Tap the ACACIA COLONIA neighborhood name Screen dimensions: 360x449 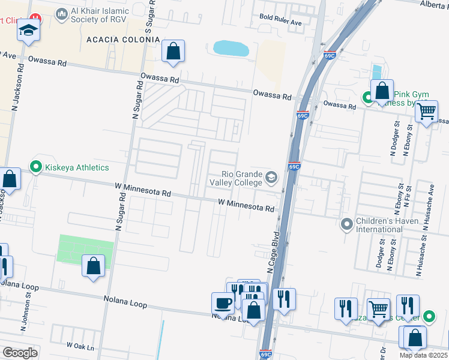click(x=123, y=40)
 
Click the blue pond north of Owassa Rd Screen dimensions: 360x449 click(x=231, y=49)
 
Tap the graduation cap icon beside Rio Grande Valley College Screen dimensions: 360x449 click(x=272, y=177)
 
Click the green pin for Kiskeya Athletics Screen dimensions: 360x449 click(x=35, y=167)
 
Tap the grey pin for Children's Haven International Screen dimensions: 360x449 click(x=346, y=225)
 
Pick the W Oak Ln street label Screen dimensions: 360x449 click(x=80, y=346)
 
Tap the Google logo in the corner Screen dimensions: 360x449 click(x=20, y=353)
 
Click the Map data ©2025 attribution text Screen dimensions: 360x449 click(x=424, y=355)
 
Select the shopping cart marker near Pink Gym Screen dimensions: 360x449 click(x=426, y=111)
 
